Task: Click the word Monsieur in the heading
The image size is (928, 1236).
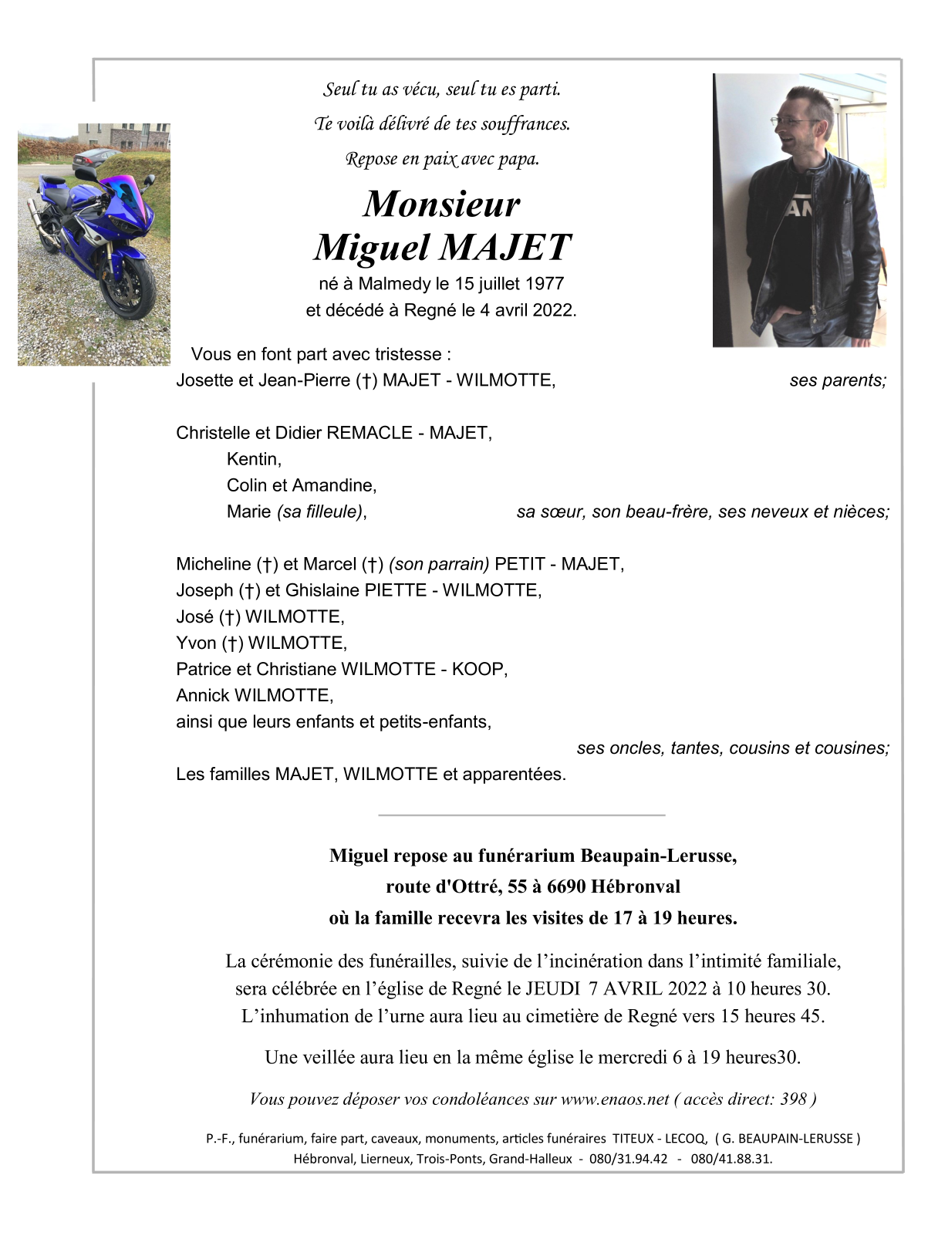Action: click(x=441, y=204)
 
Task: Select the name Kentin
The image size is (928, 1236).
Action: click(x=254, y=460)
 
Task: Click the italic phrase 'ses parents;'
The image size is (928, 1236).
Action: click(x=838, y=380)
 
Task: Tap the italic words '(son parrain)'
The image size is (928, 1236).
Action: click(x=439, y=565)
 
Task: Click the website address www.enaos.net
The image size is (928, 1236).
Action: click(x=615, y=1099)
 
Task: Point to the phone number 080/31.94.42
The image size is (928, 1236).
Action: click(x=628, y=1159)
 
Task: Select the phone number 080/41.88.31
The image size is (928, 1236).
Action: click(x=731, y=1159)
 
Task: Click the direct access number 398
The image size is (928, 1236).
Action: click(x=793, y=1099)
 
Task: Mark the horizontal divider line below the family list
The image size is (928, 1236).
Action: click(x=521, y=815)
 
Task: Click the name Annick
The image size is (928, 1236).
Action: click(x=203, y=696)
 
